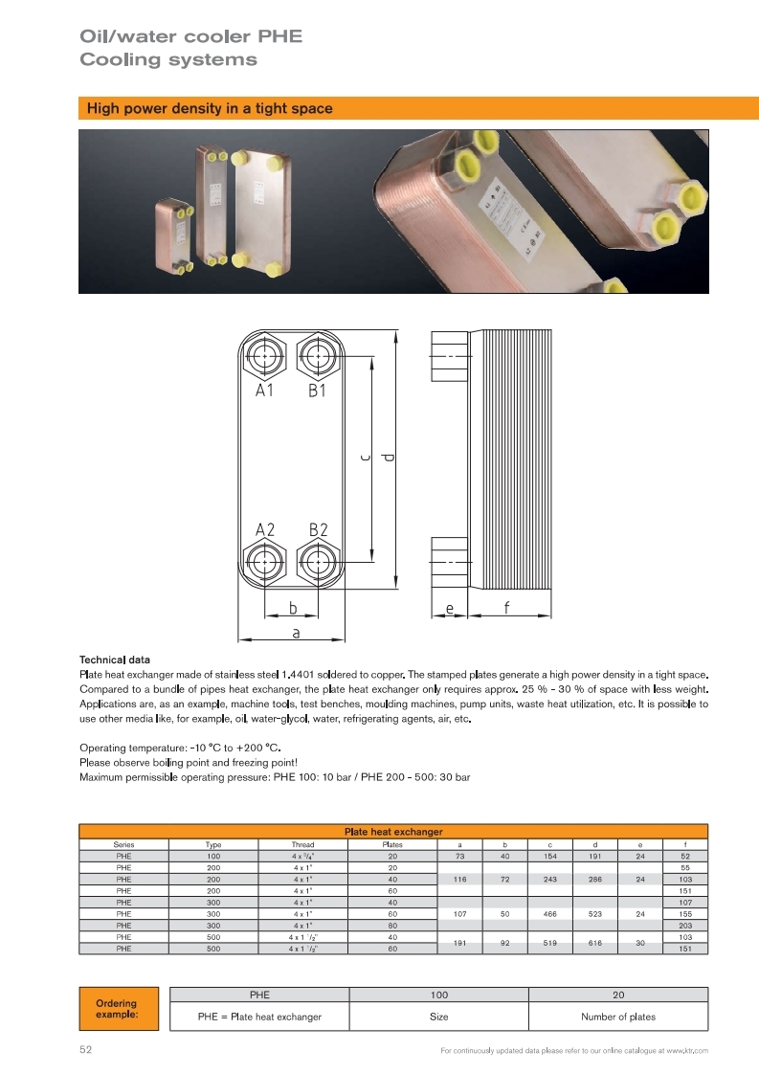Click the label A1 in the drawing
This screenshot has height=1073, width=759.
pos(265,391)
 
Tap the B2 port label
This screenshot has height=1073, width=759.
pos(319,529)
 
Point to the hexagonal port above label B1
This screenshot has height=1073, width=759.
pos(315,358)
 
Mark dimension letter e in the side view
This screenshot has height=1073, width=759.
pos(449,607)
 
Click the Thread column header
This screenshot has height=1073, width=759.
pos(302,845)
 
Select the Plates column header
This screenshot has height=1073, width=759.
pos(392,845)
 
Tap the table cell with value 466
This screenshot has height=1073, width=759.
pos(550,914)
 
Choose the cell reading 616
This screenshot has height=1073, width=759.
pos(595,943)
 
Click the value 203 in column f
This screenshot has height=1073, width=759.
pos(684,926)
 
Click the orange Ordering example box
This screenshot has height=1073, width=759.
pos(117,1009)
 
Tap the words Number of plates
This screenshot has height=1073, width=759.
pos(618,1017)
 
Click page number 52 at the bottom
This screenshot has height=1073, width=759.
pos(85,1050)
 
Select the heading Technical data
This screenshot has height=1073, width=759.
pos(115,659)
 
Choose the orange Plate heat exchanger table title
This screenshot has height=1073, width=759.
pos(393,832)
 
